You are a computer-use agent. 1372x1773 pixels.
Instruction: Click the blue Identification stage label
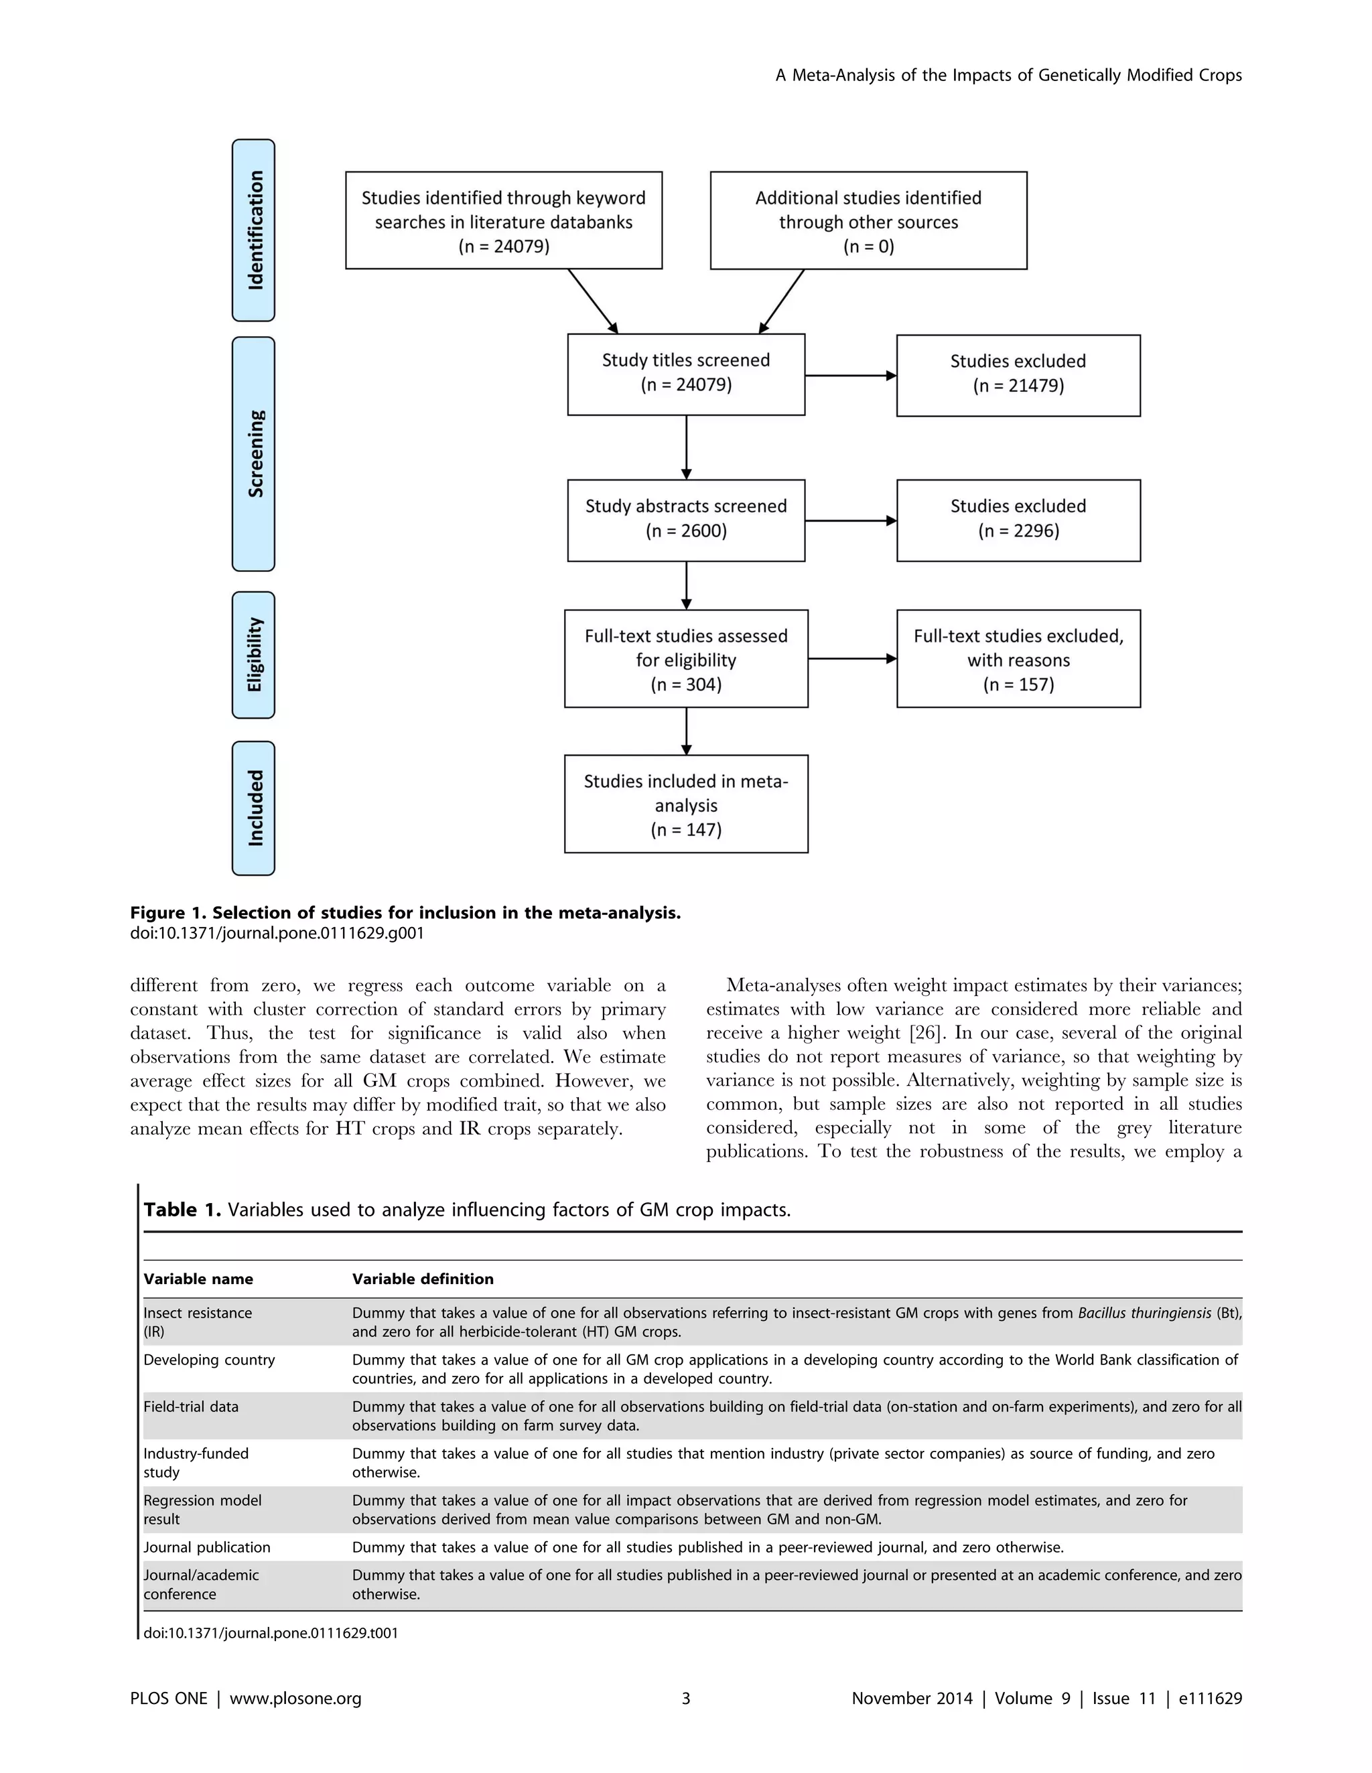[253, 230]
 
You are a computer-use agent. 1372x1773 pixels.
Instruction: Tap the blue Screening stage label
[253, 454]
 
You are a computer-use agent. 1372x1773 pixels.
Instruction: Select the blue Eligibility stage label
[253, 654]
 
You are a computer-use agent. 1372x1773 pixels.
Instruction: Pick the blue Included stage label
[253, 808]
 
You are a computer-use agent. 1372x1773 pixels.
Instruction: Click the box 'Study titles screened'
[686, 374]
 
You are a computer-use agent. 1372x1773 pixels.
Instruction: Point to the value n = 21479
[1018, 386]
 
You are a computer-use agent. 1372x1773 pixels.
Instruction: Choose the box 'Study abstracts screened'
[686, 520]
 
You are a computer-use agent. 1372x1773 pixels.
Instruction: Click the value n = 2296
[1018, 531]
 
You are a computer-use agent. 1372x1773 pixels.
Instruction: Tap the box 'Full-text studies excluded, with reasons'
[1018, 658]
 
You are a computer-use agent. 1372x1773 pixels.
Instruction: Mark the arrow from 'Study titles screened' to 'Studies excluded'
[850, 376]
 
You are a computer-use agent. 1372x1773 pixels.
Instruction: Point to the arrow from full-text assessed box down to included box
[687, 731]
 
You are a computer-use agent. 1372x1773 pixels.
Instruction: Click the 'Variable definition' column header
[422, 1279]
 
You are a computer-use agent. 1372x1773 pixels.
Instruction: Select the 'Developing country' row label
[208, 1359]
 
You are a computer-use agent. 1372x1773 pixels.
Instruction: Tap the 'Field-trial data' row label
[191, 1406]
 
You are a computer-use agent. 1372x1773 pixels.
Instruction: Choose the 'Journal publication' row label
[206, 1547]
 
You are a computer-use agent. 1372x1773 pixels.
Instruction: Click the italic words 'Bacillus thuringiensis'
[1144, 1313]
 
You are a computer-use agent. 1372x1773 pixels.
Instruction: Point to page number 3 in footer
[686, 1698]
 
